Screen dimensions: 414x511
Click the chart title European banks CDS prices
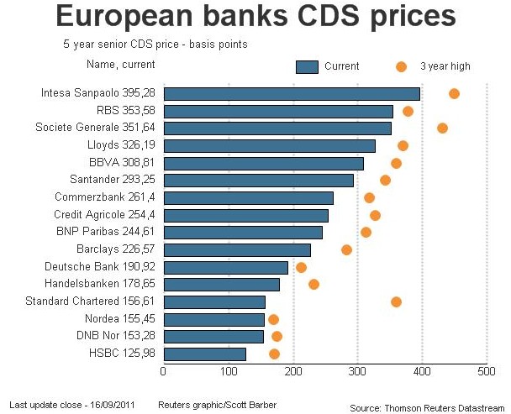(255, 17)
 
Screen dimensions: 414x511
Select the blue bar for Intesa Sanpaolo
(291, 93)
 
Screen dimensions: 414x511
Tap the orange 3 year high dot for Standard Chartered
(396, 301)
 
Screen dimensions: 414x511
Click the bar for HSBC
(204, 354)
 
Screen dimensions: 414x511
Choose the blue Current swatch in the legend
(307, 66)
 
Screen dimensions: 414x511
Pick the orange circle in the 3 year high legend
(401, 66)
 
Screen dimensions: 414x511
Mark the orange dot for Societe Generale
(442, 128)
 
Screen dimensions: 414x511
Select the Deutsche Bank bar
(225, 267)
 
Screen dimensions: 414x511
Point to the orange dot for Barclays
(346, 249)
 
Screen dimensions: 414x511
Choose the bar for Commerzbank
(248, 197)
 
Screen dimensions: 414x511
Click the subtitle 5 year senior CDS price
(155, 43)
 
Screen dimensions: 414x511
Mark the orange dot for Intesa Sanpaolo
(454, 93)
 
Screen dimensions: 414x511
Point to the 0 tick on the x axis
(163, 369)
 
